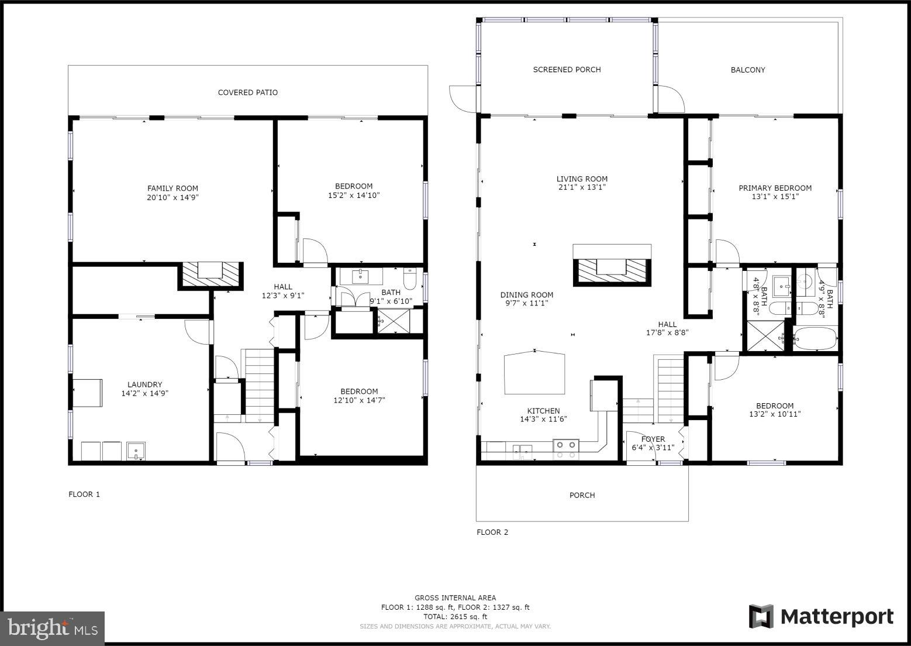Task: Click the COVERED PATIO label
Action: pos(247,92)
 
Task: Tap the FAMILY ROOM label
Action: pos(172,188)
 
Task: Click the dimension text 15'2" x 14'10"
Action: pos(354,195)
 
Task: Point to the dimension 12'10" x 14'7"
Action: pos(359,400)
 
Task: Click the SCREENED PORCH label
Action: pos(567,70)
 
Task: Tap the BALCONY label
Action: pos(748,70)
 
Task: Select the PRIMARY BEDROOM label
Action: pos(775,188)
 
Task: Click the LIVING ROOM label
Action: pos(582,179)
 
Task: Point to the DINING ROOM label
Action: pos(526,295)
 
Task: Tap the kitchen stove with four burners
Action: pos(565,448)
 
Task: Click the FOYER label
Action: pos(653,439)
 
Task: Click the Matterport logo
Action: pos(821,617)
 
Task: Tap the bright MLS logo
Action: pos(53,628)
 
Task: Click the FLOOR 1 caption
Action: pos(84,494)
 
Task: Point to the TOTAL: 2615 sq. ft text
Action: pos(455,617)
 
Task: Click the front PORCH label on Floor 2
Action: pos(582,495)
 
